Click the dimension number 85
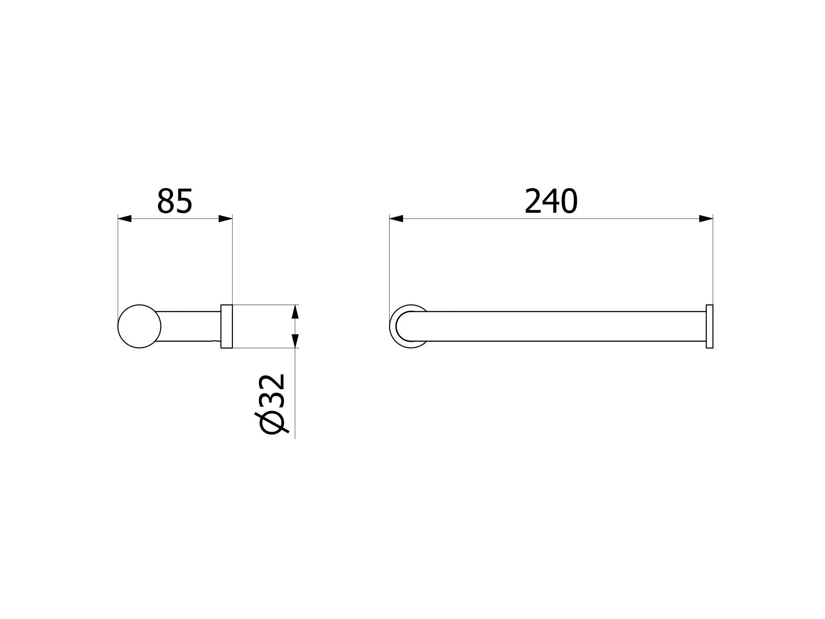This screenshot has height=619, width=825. coord(175,201)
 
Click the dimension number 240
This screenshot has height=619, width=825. coord(551,201)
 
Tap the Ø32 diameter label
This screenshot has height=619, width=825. coord(272,404)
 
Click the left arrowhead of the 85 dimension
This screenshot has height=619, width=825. coord(125,219)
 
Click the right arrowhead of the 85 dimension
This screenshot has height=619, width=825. coord(226,219)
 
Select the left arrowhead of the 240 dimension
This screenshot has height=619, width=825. coord(396,219)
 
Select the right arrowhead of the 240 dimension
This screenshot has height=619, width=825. coord(706,219)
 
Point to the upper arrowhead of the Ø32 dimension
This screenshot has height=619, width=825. coord(295,312)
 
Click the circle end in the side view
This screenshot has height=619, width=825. coord(139,327)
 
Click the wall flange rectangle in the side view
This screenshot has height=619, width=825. coord(227,327)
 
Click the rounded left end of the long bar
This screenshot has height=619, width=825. coord(405,327)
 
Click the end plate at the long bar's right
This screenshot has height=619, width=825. coord(709,327)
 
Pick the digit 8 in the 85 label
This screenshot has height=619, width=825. coord(165,201)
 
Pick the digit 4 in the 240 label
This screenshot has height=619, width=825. coord(551,201)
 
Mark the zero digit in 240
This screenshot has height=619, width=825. coord(569,201)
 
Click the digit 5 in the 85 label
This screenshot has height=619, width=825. coord(184,201)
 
